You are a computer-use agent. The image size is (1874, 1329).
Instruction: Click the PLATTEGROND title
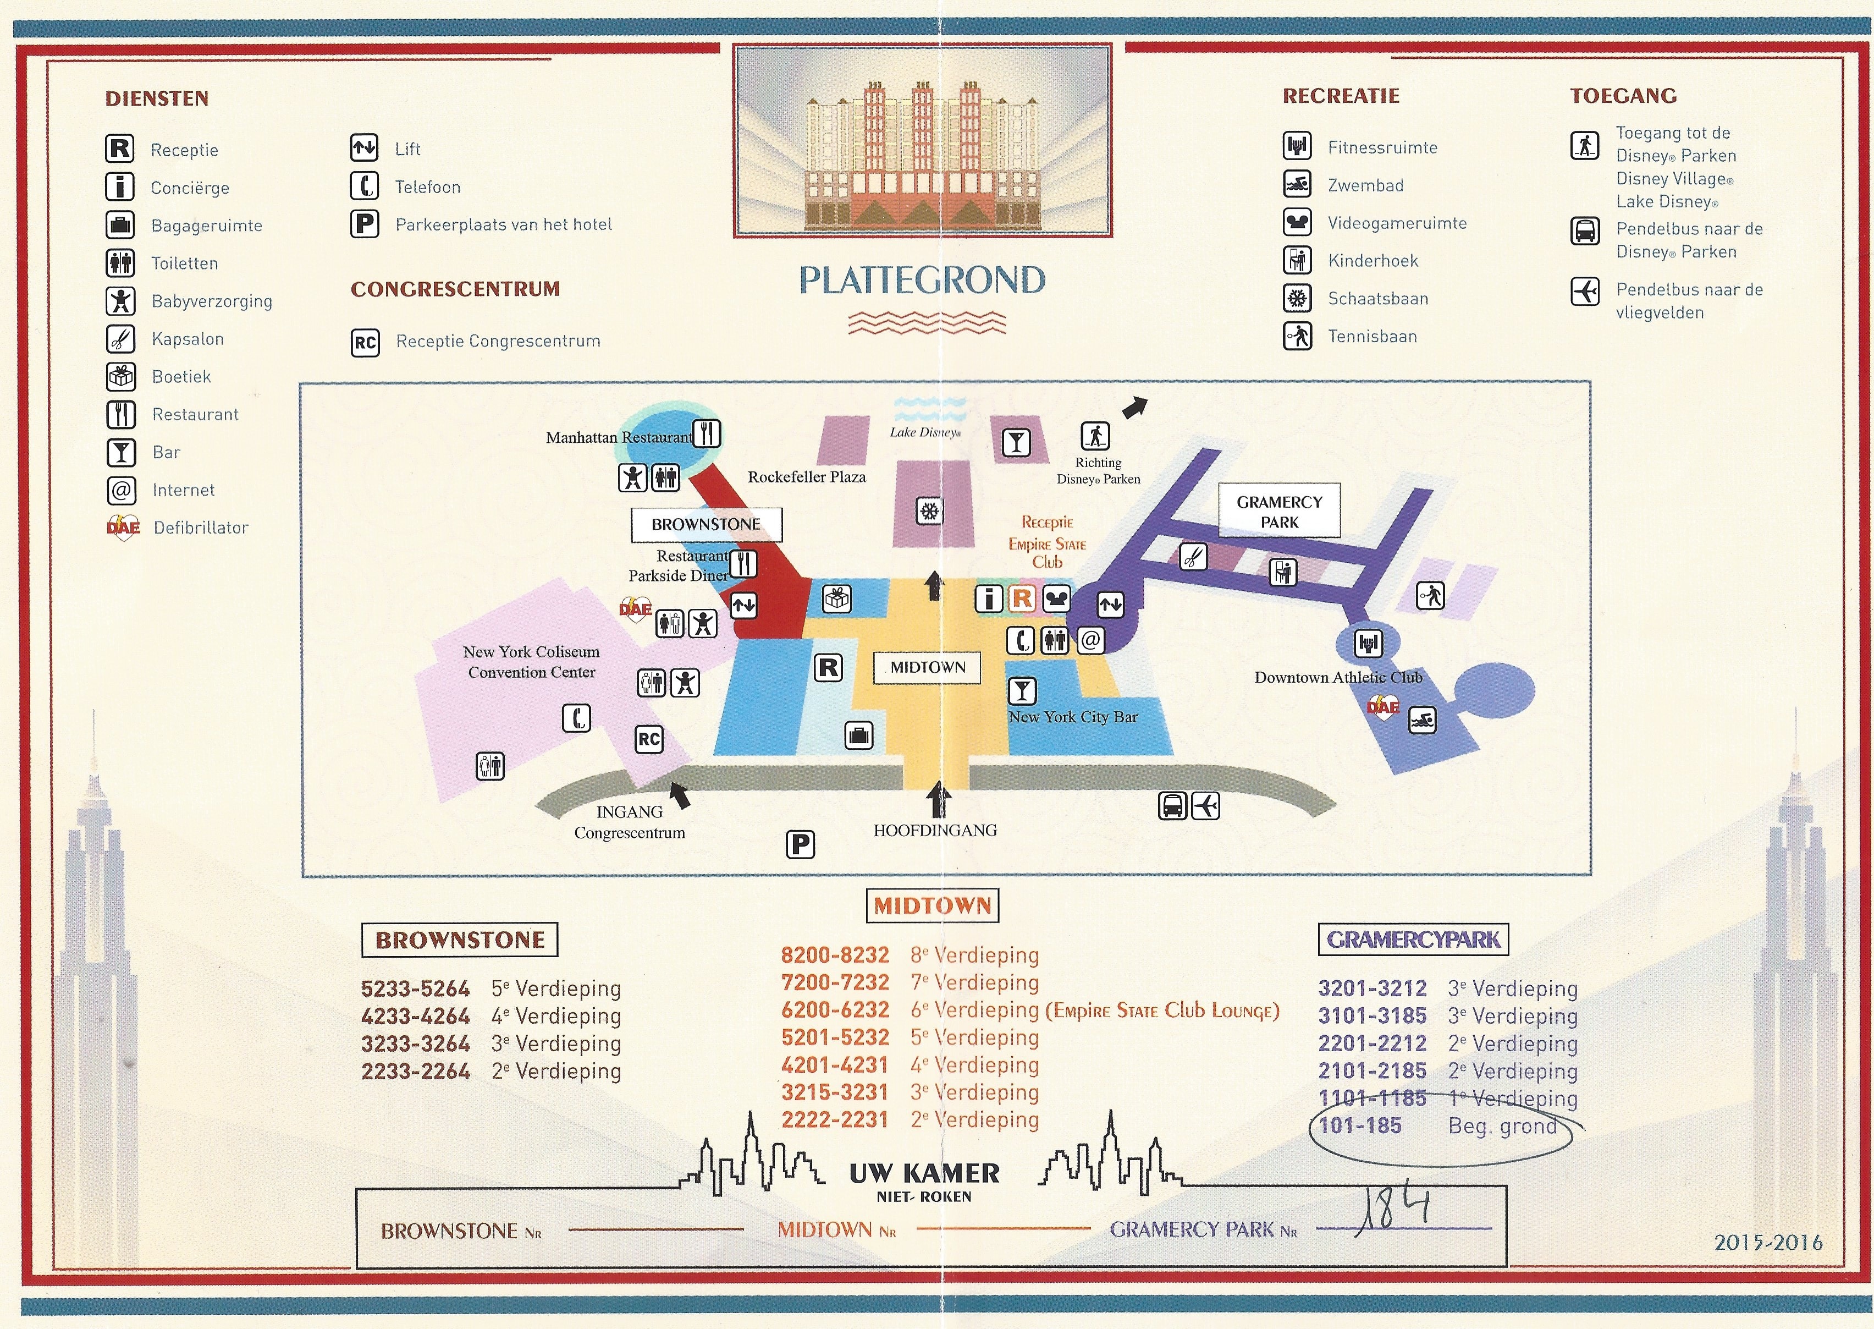tap(922, 281)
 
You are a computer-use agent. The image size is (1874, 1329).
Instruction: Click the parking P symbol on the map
tap(800, 844)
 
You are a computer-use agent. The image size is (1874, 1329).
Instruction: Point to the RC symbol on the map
tap(649, 739)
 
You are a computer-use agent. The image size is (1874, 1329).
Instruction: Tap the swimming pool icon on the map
tap(1421, 720)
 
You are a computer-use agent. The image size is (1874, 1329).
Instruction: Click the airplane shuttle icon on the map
tap(1206, 806)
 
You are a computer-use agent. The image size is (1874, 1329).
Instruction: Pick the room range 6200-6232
tap(834, 1011)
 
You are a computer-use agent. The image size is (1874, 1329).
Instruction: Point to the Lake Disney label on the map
tap(925, 432)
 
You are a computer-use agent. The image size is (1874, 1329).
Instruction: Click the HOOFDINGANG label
tap(935, 831)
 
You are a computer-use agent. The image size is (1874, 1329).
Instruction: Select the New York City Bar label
tap(1072, 717)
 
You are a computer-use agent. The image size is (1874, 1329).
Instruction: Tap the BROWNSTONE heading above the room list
tap(460, 940)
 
